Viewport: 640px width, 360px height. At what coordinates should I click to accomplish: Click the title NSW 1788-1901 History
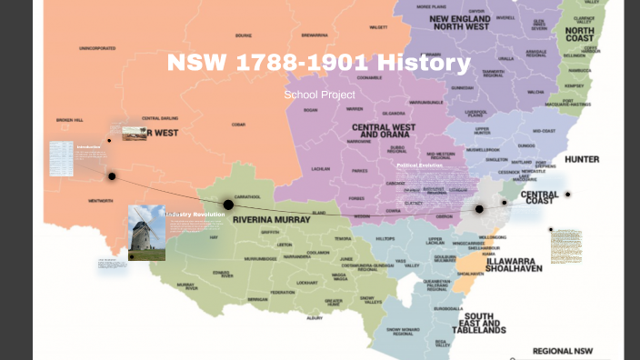pos(319,64)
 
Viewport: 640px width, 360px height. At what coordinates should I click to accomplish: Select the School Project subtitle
pos(319,95)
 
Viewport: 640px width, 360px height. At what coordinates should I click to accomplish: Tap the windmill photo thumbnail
pos(146,233)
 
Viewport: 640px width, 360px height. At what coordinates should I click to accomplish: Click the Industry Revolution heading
pos(195,215)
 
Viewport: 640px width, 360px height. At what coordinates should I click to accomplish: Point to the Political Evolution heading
pos(419,165)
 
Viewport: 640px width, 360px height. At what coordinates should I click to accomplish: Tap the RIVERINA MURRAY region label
pos(272,220)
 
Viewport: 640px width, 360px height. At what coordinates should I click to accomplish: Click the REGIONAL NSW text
pos(563,351)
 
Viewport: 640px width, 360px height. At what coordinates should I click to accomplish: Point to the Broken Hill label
pos(70,120)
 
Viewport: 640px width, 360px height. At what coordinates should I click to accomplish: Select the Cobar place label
pos(238,125)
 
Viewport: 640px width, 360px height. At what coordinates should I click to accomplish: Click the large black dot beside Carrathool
pos(228,205)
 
